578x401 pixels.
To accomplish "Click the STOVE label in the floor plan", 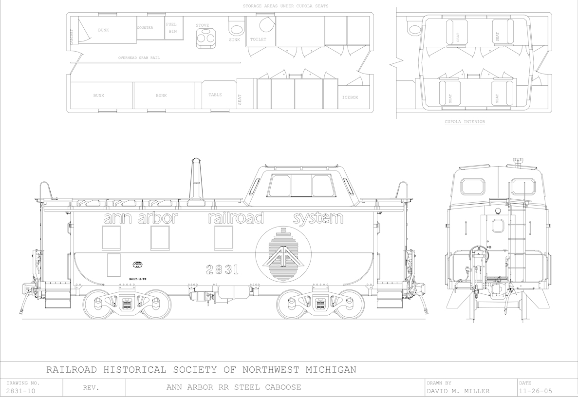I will pos(202,25).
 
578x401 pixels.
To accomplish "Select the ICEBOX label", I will pos(350,97).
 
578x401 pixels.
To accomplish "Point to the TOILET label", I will pos(258,39).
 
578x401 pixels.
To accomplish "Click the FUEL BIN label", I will pos(171,28).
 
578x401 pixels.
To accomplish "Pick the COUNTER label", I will pos(145,28).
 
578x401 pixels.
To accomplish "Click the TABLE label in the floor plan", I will pos(215,95).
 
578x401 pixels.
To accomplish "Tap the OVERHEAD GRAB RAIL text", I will pos(139,58).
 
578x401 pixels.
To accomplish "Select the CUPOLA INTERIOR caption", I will pos(465,122).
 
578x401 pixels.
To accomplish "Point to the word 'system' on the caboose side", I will pos(318,218).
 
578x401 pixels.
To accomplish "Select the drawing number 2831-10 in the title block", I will pos(20,391).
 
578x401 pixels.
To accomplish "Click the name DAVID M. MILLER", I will pos(458,391).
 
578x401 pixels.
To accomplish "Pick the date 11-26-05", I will pos(536,391).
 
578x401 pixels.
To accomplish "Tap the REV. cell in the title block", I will pos(92,388).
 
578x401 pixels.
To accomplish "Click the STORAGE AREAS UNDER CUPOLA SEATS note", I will pos(285,6).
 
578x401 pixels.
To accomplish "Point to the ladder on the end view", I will pos(517,234).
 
